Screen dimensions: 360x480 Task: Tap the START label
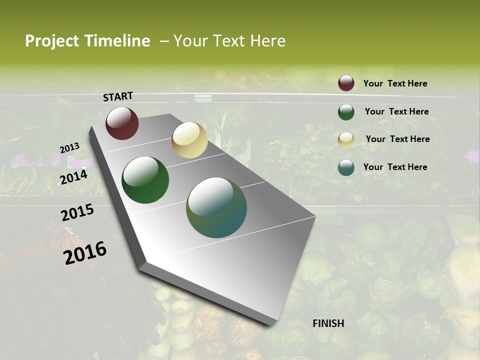[118, 96]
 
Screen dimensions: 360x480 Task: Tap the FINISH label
[328, 323]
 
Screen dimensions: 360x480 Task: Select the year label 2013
[69, 148]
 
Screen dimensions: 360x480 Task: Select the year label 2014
[74, 177]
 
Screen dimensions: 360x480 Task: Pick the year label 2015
[77, 212]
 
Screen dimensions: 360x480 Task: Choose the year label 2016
[85, 252]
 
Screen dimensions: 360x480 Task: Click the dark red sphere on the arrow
[122, 123]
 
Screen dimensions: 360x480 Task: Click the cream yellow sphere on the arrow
[189, 140]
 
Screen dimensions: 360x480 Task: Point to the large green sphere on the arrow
[145, 180]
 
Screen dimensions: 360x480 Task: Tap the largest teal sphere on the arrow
[216, 207]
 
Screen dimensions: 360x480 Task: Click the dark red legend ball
[346, 83]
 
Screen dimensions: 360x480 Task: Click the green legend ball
[346, 112]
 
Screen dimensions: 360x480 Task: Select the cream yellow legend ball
[346, 140]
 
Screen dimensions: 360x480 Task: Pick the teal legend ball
[346, 167]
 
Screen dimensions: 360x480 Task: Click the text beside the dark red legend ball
[395, 84]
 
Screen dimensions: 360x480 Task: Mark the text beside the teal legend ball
[395, 167]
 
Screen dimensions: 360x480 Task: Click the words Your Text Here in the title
[229, 41]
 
